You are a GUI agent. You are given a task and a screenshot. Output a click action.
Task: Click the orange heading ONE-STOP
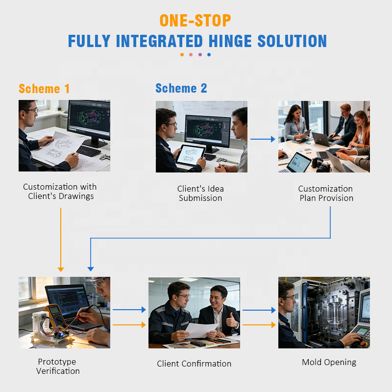(x=195, y=21)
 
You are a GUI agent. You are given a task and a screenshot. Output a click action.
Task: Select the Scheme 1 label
(x=44, y=89)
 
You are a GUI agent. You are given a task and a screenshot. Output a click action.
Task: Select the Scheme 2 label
(x=181, y=89)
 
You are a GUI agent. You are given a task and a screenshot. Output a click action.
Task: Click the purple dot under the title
(x=200, y=54)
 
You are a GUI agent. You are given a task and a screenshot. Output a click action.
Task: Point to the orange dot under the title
(x=182, y=54)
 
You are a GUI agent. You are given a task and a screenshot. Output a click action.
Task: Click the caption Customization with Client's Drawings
(x=60, y=192)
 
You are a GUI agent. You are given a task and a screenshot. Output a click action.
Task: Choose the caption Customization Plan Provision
(x=326, y=194)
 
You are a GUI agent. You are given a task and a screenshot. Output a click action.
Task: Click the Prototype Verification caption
(x=58, y=367)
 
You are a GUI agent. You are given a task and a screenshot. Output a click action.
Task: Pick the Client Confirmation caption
(x=194, y=364)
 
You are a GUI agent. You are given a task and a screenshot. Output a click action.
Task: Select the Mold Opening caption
(x=329, y=363)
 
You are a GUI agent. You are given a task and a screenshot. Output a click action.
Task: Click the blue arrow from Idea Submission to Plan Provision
(x=263, y=139)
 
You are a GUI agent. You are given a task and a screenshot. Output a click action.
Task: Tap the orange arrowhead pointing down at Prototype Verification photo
(x=61, y=269)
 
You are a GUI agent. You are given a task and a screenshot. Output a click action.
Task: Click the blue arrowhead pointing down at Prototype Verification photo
(x=91, y=269)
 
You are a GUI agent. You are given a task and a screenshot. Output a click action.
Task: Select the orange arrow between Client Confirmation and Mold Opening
(x=259, y=324)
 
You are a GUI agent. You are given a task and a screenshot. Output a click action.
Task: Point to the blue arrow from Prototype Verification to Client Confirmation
(x=129, y=310)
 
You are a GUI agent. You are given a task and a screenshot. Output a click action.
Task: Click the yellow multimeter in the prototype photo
(x=53, y=314)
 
